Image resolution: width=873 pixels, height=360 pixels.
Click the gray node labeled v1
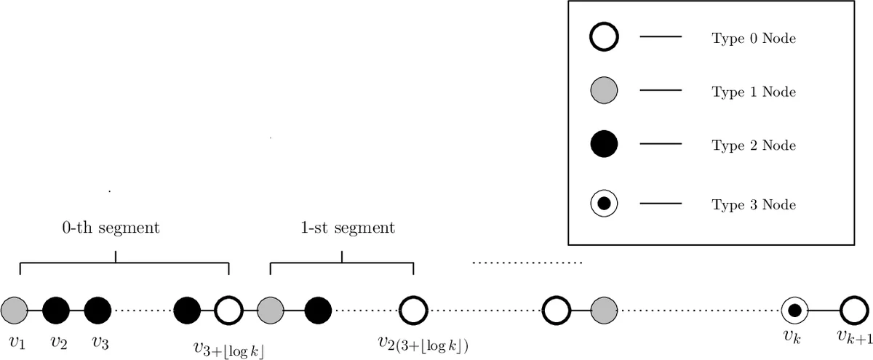pos(14,311)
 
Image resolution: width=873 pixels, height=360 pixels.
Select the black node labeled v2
pos(56,311)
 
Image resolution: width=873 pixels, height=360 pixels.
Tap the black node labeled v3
pos(97,311)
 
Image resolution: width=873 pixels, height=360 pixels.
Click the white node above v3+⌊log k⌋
pos(229,311)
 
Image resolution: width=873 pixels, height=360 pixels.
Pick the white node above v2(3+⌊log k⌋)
pos(413,311)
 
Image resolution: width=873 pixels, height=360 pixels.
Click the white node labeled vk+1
pos(851,311)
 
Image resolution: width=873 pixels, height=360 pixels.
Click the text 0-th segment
pos(111,228)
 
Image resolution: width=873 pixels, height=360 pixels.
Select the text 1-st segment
pos(347,228)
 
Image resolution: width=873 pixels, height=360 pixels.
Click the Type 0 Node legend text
pos(754,39)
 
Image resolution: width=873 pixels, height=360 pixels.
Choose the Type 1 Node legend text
pos(754,92)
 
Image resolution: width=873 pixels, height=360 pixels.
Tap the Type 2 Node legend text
pos(754,145)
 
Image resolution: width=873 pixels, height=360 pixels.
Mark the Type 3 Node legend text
pos(754,205)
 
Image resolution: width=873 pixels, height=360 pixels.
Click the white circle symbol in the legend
pos(604,36)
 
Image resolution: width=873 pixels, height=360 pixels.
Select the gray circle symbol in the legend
pos(604,91)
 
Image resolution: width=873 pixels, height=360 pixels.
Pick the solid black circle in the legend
pos(604,144)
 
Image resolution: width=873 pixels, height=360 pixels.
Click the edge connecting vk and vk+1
pos(823,311)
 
